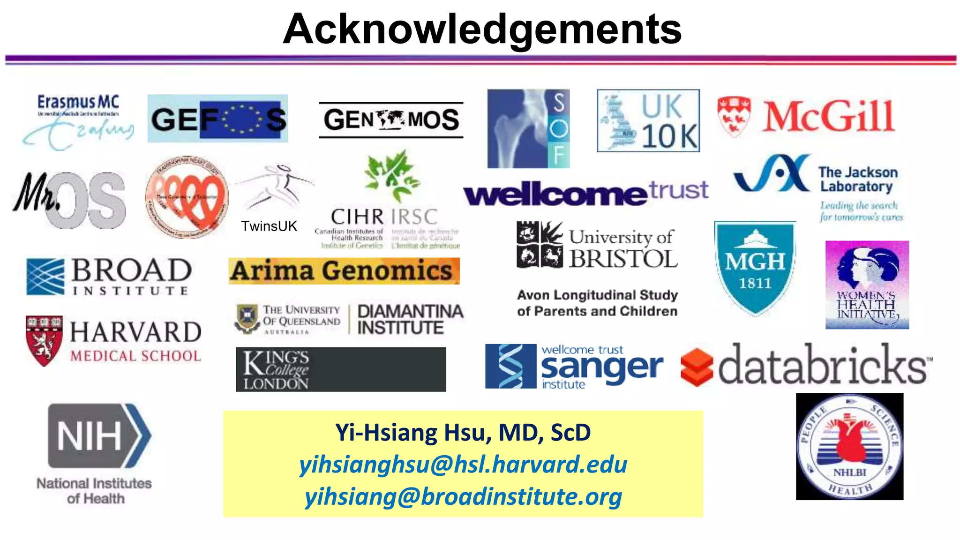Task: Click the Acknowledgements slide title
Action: pyautogui.click(x=482, y=29)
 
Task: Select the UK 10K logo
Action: pyautogui.click(x=648, y=121)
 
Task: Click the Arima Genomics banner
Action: pyautogui.click(x=344, y=271)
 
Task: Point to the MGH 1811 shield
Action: pyautogui.click(x=754, y=268)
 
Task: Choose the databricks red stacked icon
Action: pyautogui.click(x=697, y=367)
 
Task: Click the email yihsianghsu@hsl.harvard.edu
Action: pyautogui.click(x=463, y=465)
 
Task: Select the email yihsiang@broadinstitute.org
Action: pyautogui.click(x=463, y=496)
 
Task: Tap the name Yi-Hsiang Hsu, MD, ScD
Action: pyautogui.click(x=463, y=432)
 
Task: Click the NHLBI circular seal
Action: pyautogui.click(x=849, y=447)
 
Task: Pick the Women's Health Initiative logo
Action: pyautogui.click(x=867, y=285)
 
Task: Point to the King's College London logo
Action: pyautogui.click(x=341, y=369)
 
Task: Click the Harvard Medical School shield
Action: pyautogui.click(x=44, y=340)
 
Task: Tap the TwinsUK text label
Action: pyautogui.click(x=269, y=226)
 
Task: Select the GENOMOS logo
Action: pyautogui.click(x=391, y=120)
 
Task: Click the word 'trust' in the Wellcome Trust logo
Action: pyautogui.click(x=678, y=190)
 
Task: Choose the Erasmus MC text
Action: pyautogui.click(x=78, y=102)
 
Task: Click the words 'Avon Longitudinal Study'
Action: pyautogui.click(x=597, y=295)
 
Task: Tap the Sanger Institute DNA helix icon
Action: pyautogui.click(x=510, y=366)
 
